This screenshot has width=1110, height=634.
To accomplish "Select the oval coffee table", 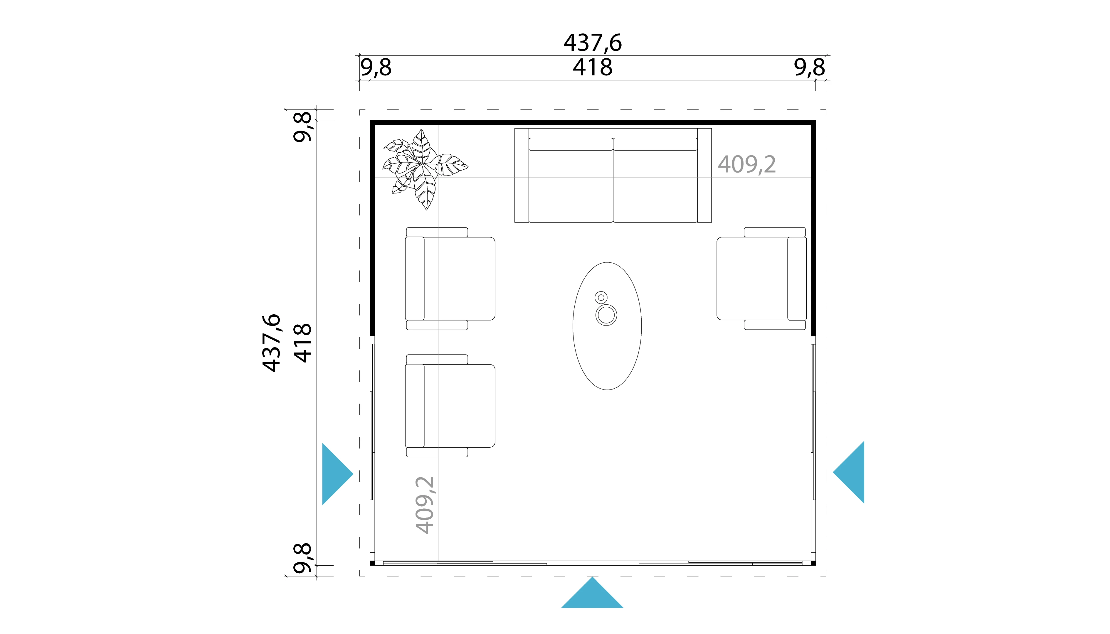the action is point(607,326).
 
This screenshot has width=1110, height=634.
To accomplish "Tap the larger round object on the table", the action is point(606,315).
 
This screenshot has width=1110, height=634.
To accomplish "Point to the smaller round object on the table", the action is point(601,297).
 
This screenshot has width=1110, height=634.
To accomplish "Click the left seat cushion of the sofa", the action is point(571,180).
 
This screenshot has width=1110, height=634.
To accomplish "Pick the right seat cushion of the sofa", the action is point(655,180).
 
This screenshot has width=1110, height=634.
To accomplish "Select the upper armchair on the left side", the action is point(450,278).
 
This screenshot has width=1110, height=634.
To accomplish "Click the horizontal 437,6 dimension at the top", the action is point(593,43).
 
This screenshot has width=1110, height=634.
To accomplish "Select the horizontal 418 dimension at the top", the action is point(593,68).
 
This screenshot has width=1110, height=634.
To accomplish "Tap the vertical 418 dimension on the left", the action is point(302,343).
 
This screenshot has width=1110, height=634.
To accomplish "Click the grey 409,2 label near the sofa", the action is point(747,165).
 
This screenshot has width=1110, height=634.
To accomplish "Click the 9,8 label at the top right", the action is point(809,68).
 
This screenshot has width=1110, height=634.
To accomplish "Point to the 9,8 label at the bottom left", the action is point(303,558).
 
